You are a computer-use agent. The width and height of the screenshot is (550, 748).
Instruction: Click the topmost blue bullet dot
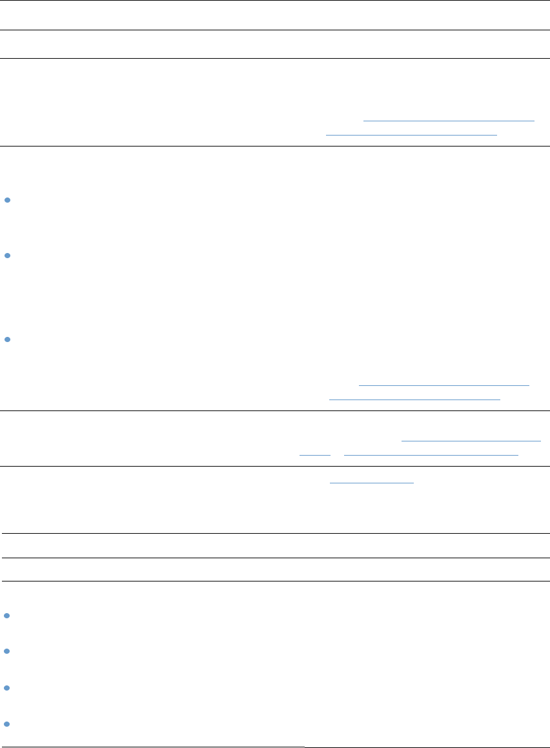(6, 201)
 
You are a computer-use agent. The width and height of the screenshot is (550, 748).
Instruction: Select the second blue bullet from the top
(6, 256)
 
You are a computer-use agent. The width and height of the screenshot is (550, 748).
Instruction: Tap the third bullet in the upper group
(6, 339)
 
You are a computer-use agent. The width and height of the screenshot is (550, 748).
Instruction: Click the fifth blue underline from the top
(471, 441)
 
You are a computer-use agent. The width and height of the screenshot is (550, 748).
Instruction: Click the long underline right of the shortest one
(431, 455)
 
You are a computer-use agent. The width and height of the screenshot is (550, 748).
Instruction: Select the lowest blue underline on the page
(371, 482)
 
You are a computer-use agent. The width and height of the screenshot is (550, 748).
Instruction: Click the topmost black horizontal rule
(275, 1)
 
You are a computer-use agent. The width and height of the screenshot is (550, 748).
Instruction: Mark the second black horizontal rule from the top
(275, 30)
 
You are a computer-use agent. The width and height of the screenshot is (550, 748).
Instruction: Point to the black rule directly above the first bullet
(275, 146)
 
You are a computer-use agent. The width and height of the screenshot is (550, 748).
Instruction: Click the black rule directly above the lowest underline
(275, 466)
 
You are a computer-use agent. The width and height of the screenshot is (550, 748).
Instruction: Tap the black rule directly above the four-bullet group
(275, 581)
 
